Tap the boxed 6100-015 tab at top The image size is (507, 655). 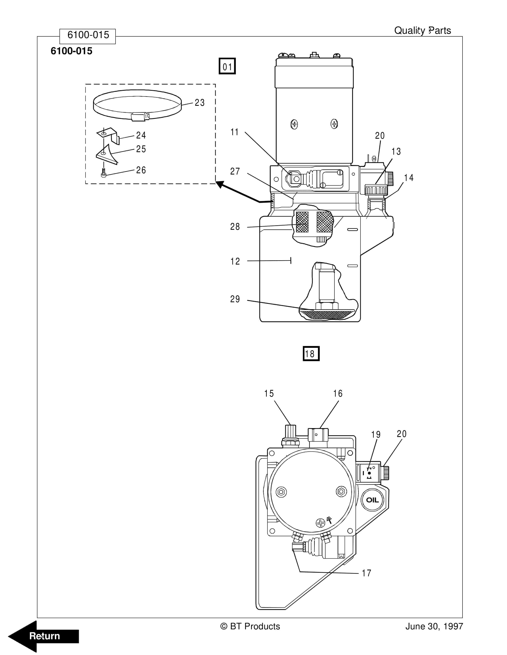pos(88,35)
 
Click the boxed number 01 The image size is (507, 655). pos(227,66)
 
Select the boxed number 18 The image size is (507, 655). pos(311,354)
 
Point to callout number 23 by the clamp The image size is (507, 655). pos(199,102)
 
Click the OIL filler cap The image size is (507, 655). pos(372,500)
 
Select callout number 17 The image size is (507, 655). pos(367,573)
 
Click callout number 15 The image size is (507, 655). pos(269,394)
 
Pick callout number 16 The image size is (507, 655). pos(338,394)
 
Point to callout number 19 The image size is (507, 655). pos(376,434)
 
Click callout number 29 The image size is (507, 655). pos(235,299)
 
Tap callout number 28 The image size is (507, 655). pos(235,226)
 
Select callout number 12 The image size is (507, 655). pos(235,261)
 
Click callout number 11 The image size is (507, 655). pos(234,132)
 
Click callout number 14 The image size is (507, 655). pos(409,178)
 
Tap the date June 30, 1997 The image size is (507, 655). pos(434,626)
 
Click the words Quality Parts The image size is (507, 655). pos(422,31)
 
